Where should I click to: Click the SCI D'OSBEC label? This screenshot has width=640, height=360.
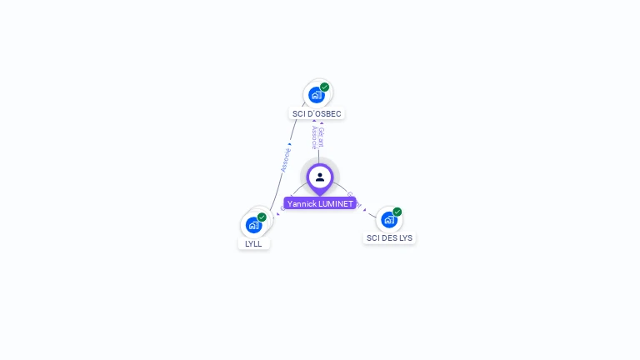coord(317,113)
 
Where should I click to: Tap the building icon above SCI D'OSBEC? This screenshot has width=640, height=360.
coord(316,95)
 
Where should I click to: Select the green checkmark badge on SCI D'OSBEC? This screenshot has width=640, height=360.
coord(324,87)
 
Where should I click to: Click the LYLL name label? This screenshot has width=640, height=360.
coord(253,244)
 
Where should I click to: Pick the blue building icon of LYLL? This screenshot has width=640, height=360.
coord(253,225)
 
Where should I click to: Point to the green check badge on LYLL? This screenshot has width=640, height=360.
coord(262,217)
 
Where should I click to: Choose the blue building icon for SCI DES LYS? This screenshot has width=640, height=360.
coord(388,220)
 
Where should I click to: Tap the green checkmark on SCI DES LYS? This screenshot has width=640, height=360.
coord(397,212)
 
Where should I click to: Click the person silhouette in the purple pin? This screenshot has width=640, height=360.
coord(320,177)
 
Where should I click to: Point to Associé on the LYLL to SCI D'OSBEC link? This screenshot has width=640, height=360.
coord(286,159)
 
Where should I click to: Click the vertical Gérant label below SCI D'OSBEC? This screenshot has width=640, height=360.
coord(322,137)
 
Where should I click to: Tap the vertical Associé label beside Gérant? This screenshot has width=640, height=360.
coord(314,137)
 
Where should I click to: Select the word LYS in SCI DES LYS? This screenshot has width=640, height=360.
coord(405,238)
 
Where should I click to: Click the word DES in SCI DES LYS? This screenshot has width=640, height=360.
coord(388,238)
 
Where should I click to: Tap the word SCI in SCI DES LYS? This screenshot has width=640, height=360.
coord(372,238)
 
